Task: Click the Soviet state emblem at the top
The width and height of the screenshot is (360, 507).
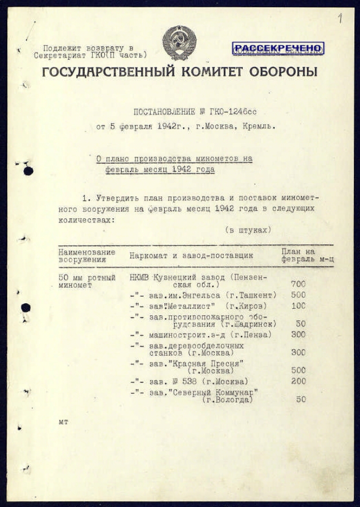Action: tap(179, 42)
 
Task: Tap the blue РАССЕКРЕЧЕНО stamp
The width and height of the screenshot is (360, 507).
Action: tap(278, 48)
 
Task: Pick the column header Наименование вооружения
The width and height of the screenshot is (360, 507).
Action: tap(86, 256)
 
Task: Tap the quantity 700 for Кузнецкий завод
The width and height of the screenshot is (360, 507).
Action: tap(298, 284)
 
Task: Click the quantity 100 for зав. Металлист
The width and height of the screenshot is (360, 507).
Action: tap(298, 306)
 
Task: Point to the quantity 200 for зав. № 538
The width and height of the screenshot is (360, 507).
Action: tap(298, 381)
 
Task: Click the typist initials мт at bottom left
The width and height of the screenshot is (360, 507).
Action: tap(63, 422)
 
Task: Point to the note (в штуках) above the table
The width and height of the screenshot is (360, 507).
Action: tap(248, 230)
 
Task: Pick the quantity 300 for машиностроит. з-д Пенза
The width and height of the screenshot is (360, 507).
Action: tap(298, 335)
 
